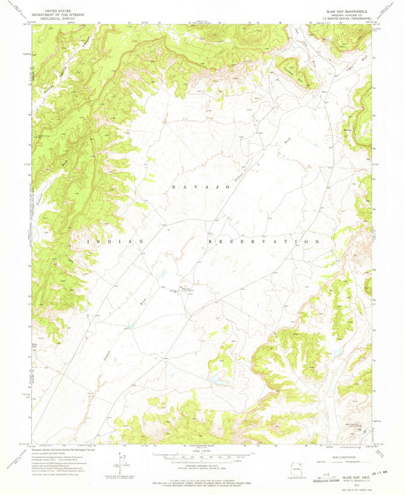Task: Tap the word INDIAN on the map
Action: coord(117,241)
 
